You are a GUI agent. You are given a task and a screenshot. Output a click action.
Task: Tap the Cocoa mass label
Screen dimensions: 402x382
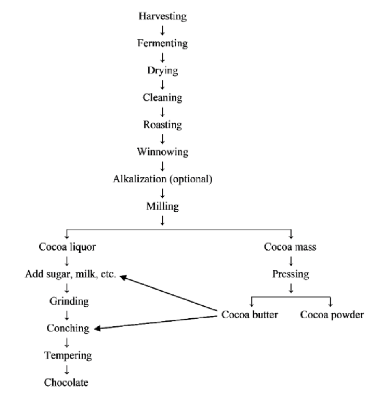[x=290, y=247]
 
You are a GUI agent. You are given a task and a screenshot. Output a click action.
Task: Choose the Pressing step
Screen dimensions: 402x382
[x=290, y=274]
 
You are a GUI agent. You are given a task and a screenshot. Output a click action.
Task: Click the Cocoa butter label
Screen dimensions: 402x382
[x=249, y=315]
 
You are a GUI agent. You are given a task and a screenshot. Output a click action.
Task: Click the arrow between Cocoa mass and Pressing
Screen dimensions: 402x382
[x=290, y=261]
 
